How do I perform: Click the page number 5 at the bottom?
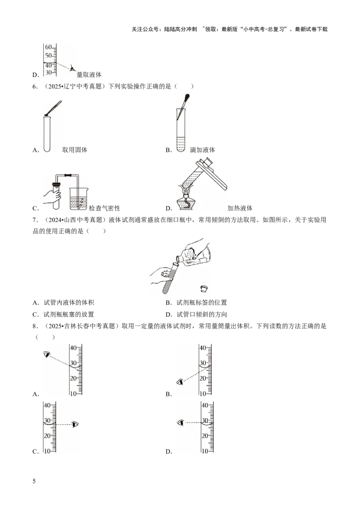coord(34,481)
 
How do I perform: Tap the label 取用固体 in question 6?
coord(75,150)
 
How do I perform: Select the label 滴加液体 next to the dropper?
coord(202,150)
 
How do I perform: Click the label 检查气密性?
coord(104,208)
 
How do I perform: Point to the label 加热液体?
coord(240,208)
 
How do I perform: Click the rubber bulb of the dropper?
coord(186,98)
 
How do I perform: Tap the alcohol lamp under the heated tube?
coord(186,202)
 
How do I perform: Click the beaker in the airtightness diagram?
coord(78,198)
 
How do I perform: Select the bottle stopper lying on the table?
coord(204,288)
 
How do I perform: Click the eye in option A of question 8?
coord(47,354)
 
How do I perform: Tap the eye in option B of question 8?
coord(180,382)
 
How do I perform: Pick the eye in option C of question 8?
coord(76,424)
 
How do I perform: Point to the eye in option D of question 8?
coord(180,423)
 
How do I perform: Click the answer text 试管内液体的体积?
coord(69,303)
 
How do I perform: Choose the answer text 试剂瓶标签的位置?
coord(202,303)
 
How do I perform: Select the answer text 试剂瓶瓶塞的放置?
coord(69,314)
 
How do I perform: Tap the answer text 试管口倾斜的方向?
coord(202,314)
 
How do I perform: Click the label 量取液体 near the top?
coord(89,75)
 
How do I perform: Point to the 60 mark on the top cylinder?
coord(48,47)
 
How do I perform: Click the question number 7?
coord(35,220)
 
